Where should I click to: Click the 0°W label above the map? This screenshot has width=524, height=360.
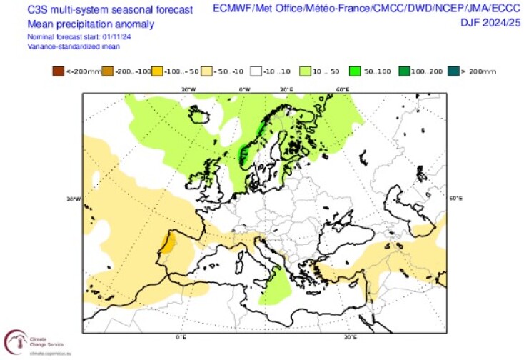244,89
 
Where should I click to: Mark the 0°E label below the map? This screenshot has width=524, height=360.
181,336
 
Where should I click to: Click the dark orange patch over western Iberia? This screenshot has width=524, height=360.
169,244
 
